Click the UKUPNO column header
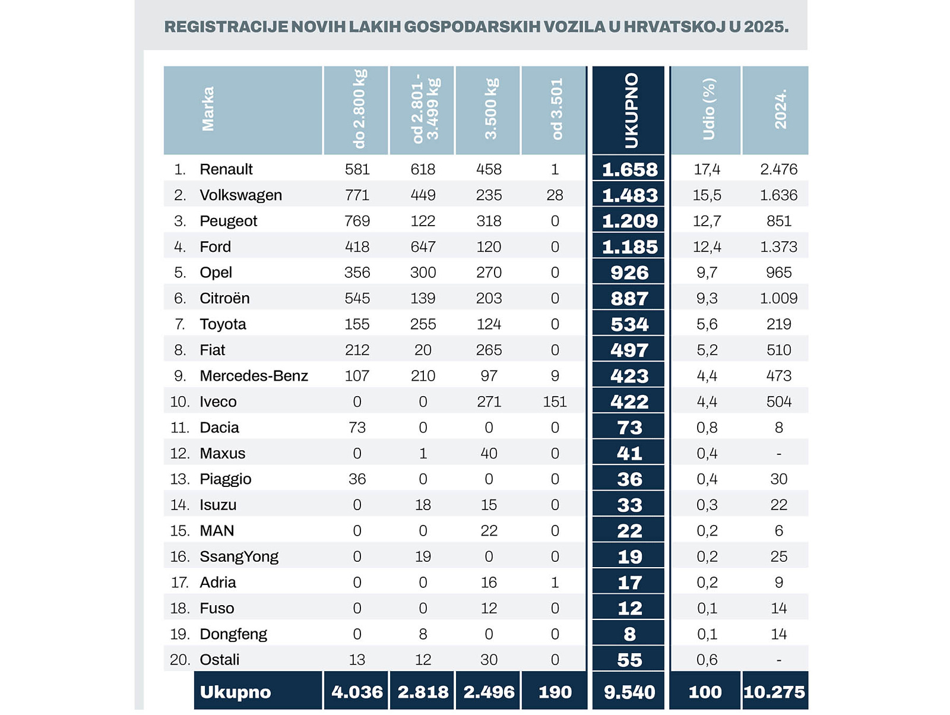[x=630, y=110]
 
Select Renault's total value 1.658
[x=629, y=170]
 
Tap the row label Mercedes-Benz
[x=254, y=376]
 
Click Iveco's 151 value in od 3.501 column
[x=555, y=402]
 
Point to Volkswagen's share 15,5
[x=707, y=195]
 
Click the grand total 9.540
[x=629, y=692]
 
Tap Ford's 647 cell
[x=423, y=247]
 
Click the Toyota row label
[x=223, y=324]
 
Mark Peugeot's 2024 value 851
[x=778, y=222]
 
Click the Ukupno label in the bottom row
[x=235, y=692]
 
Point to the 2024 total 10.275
[x=774, y=692]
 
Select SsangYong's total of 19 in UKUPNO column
[x=629, y=557]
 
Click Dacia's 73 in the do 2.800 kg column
[x=357, y=428]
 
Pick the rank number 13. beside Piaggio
[x=180, y=479]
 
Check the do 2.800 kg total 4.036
[x=357, y=692]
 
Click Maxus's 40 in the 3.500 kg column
[x=489, y=454]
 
